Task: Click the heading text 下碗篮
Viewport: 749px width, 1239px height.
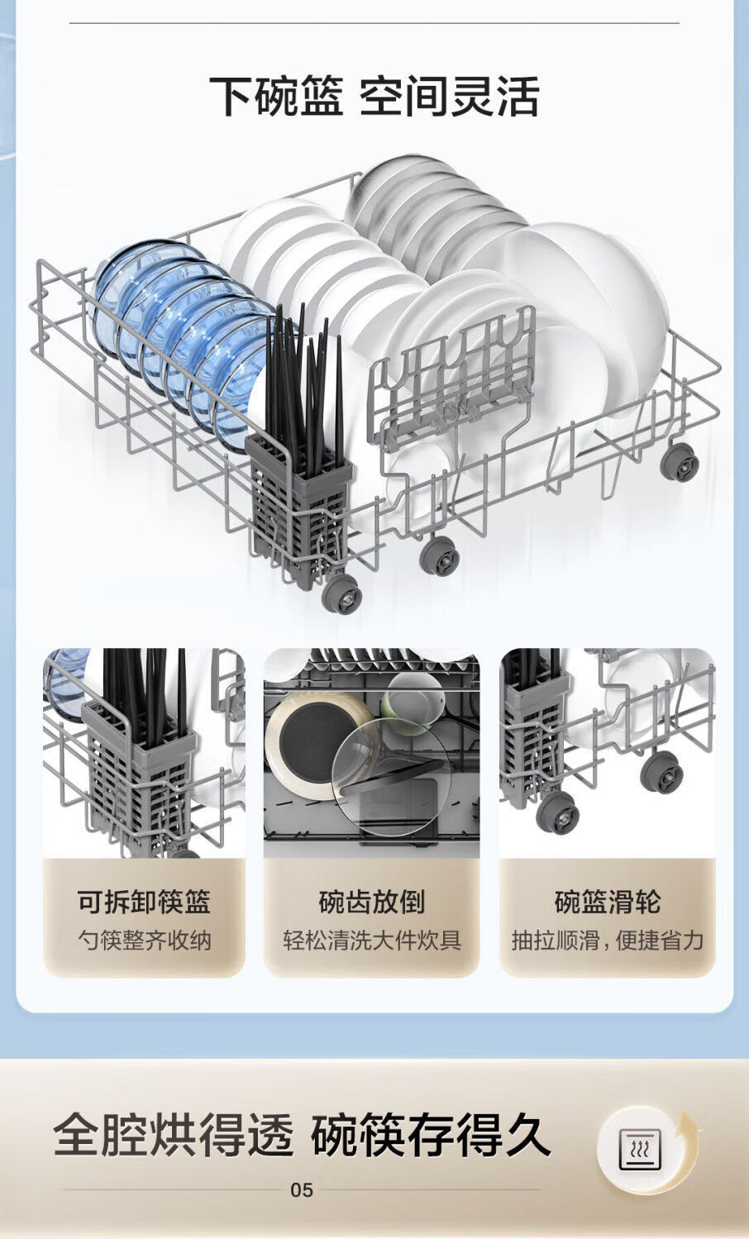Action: [x=274, y=96]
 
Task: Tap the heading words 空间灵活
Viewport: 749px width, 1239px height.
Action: [x=449, y=96]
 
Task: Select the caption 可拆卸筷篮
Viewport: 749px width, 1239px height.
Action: [x=144, y=902]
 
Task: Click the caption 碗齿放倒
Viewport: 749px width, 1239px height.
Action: [x=371, y=902]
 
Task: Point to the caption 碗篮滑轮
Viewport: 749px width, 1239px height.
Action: [x=608, y=902]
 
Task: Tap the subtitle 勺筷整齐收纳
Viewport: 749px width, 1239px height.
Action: [x=144, y=941]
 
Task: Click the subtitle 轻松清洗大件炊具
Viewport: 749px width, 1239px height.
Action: [x=371, y=941]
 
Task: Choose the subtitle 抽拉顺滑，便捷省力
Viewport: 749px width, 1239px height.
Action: [x=608, y=941]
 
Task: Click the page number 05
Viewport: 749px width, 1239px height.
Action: [x=302, y=1190]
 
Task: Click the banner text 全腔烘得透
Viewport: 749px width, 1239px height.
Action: [x=174, y=1135]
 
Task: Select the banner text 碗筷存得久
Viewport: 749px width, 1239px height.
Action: [x=430, y=1135]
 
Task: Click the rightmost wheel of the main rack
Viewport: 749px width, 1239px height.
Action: [x=680, y=461]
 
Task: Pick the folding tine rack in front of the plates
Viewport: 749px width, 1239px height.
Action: [x=451, y=372]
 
